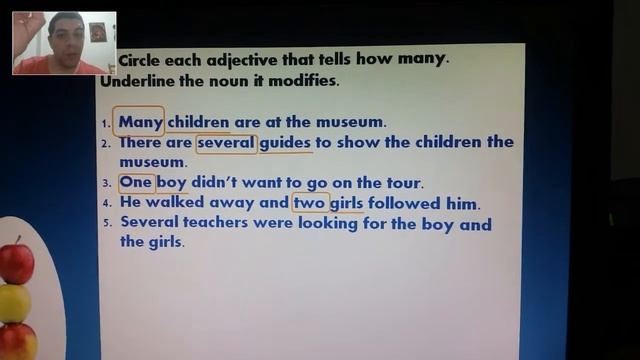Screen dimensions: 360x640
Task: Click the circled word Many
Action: [x=139, y=122]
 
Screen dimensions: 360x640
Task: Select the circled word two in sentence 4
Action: [x=310, y=203]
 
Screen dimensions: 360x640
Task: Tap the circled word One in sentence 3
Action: [x=135, y=183]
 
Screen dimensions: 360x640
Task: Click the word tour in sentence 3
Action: [x=402, y=183]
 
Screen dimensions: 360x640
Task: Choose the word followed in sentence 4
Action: [x=410, y=203]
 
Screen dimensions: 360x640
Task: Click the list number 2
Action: [x=107, y=144]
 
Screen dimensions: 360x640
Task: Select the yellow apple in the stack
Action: [x=13, y=303]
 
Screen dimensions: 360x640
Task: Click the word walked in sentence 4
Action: [x=174, y=203]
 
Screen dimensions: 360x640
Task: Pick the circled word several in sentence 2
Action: [x=226, y=143]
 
